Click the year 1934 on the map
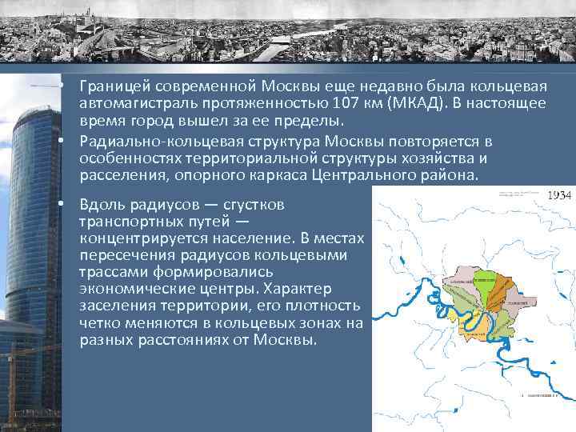click(x=557, y=195)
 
